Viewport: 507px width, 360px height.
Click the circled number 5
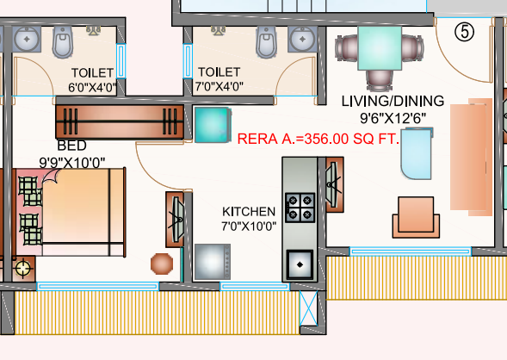(464, 32)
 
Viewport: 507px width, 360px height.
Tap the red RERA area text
(318, 138)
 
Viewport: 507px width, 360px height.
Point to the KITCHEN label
(249, 212)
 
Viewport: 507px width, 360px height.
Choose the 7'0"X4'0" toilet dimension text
(219, 86)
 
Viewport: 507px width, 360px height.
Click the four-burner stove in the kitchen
(300, 207)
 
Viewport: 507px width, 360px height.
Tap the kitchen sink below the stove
(300, 262)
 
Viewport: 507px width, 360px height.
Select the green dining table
(380, 47)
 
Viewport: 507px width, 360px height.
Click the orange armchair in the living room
(417, 214)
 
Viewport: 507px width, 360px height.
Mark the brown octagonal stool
(161, 263)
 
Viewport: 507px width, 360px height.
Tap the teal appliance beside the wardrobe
(210, 125)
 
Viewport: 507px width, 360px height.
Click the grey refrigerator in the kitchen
(212, 262)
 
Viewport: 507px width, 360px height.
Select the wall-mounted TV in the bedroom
(176, 219)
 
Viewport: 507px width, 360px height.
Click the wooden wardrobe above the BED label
(120, 122)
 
